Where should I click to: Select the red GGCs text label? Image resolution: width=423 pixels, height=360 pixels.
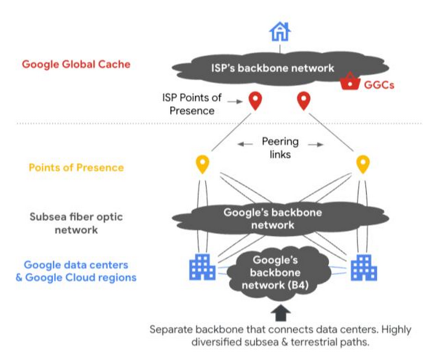pyautogui.click(x=379, y=85)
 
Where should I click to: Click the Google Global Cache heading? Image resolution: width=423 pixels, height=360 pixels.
pyautogui.click(x=76, y=64)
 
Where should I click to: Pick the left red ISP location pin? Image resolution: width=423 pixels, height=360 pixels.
pyautogui.click(x=255, y=101)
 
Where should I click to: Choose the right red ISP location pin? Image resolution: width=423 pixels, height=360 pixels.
pyautogui.click(x=303, y=101)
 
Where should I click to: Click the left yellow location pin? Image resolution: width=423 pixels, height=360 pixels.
pyautogui.click(x=203, y=164)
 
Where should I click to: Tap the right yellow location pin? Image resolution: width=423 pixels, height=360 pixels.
pyautogui.click(x=363, y=164)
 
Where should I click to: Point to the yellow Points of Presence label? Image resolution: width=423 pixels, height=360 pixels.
pyautogui.click(x=76, y=167)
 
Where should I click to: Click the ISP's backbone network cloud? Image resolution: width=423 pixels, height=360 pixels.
pyautogui.click(x=273, y=68)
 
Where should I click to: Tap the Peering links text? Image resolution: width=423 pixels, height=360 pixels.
pyautogui.click(x=280, y=147)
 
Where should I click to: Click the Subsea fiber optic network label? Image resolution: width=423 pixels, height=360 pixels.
pyautogui.click(x=76, y=223)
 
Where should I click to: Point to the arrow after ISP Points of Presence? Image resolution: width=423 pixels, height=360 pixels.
pyautogui.click(x=232, y=101)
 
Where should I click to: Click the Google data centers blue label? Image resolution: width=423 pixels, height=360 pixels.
pyautogui.click(x=76, y=271)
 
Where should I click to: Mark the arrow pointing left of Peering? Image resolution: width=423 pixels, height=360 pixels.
pyautogui.click(x=245, y=144)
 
